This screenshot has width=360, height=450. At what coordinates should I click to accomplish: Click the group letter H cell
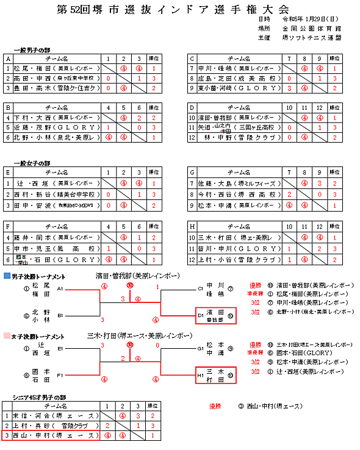(193, 226)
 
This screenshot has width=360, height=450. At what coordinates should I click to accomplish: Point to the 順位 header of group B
(154, 107)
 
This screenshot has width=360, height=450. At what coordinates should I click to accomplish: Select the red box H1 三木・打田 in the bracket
(214, 374)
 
